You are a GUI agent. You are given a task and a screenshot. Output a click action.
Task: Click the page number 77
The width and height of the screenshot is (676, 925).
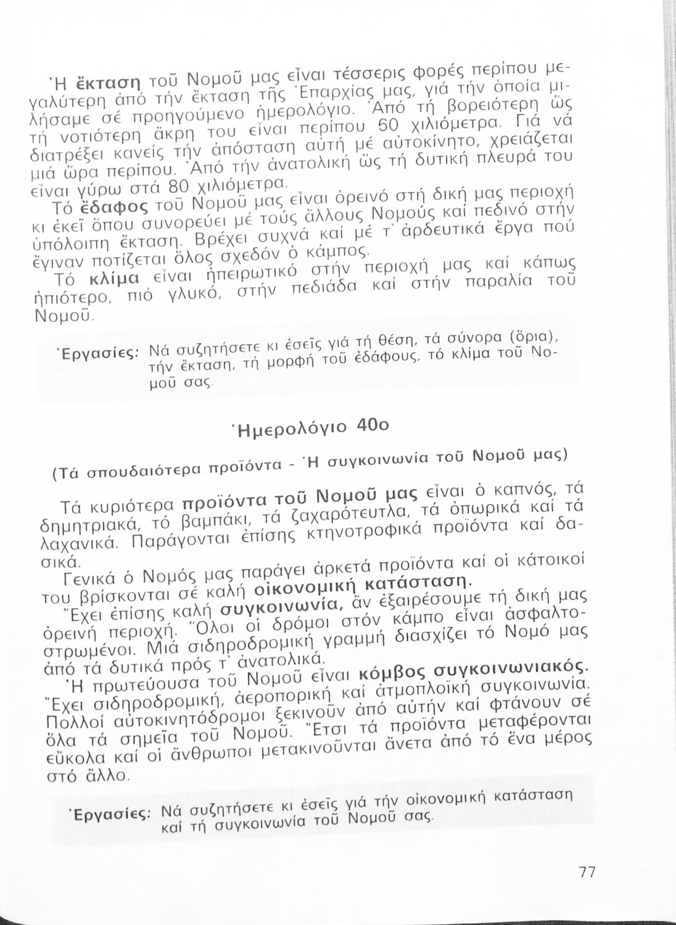587,872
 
